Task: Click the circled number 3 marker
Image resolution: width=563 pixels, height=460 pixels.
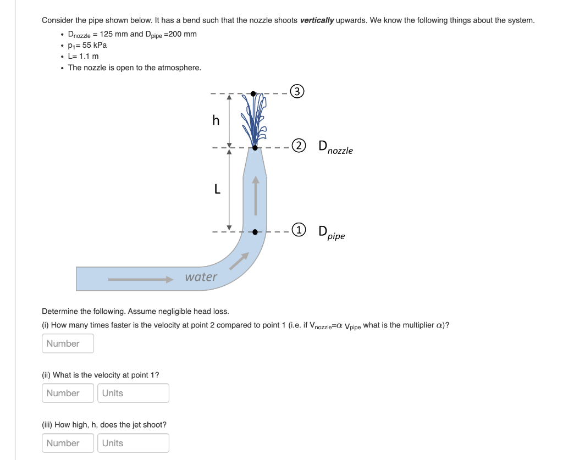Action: pos(297,92)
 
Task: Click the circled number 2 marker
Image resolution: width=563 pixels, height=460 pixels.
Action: pos(298,146)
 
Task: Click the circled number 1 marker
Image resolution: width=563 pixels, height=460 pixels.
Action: pos(298,230)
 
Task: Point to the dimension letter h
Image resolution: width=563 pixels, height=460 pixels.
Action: pos(216,120)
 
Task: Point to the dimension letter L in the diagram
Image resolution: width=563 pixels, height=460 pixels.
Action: pos(217,190)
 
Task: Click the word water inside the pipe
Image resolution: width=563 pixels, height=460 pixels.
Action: pos(201,277)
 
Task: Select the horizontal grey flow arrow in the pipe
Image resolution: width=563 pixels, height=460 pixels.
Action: pos(141,280)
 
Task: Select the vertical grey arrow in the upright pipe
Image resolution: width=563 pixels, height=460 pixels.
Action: pos(255,195)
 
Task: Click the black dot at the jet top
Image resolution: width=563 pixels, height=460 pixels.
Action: pos(253,93)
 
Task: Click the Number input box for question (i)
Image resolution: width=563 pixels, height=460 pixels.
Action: pos(68,343)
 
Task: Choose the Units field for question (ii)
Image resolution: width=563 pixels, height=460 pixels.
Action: pos(133,393)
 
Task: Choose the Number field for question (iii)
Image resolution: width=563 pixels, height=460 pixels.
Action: pos(68,443)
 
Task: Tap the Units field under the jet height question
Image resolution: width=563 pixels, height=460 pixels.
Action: pos(133,443)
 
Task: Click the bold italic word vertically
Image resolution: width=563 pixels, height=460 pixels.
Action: pos(317,20)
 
